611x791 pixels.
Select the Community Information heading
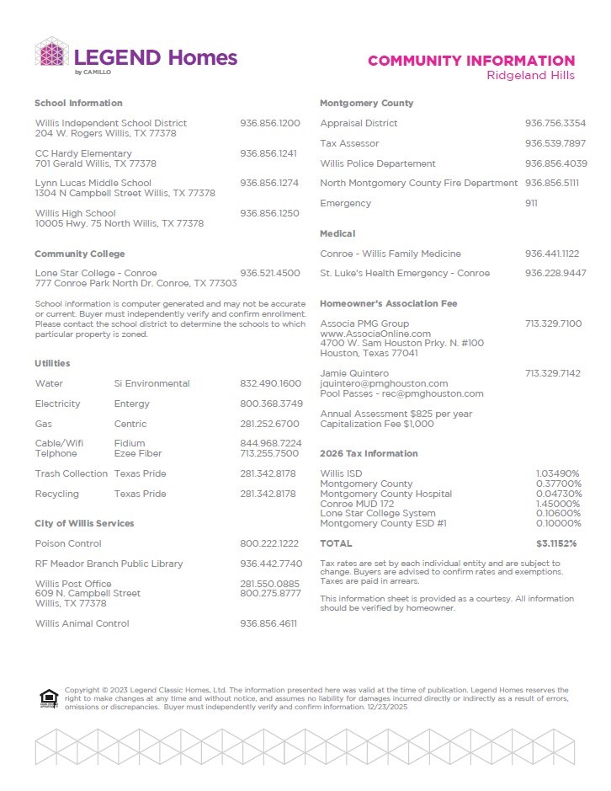(x=471, y=61)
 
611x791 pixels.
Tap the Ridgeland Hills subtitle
(x=531, y=76)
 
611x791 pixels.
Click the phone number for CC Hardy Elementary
(x=269, y=153)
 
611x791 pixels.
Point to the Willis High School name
(x=76, y=213)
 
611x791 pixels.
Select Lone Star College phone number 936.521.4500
(x=269, y=273)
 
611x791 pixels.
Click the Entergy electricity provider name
(x=132, y=404)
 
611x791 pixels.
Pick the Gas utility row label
(x=44, y=424)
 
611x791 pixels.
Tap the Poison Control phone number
(x=269, y=543)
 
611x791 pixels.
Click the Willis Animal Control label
(x=82, y=623)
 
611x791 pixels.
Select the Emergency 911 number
(x=531, y=203)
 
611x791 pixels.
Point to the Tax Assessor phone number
(x=555, y=143)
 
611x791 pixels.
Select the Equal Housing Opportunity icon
(x=48, y=698)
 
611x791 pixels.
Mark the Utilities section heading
(x=52, y=363)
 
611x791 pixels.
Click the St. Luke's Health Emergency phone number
(x=555, y=273)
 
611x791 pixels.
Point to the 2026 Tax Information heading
(x=369, y=453)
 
